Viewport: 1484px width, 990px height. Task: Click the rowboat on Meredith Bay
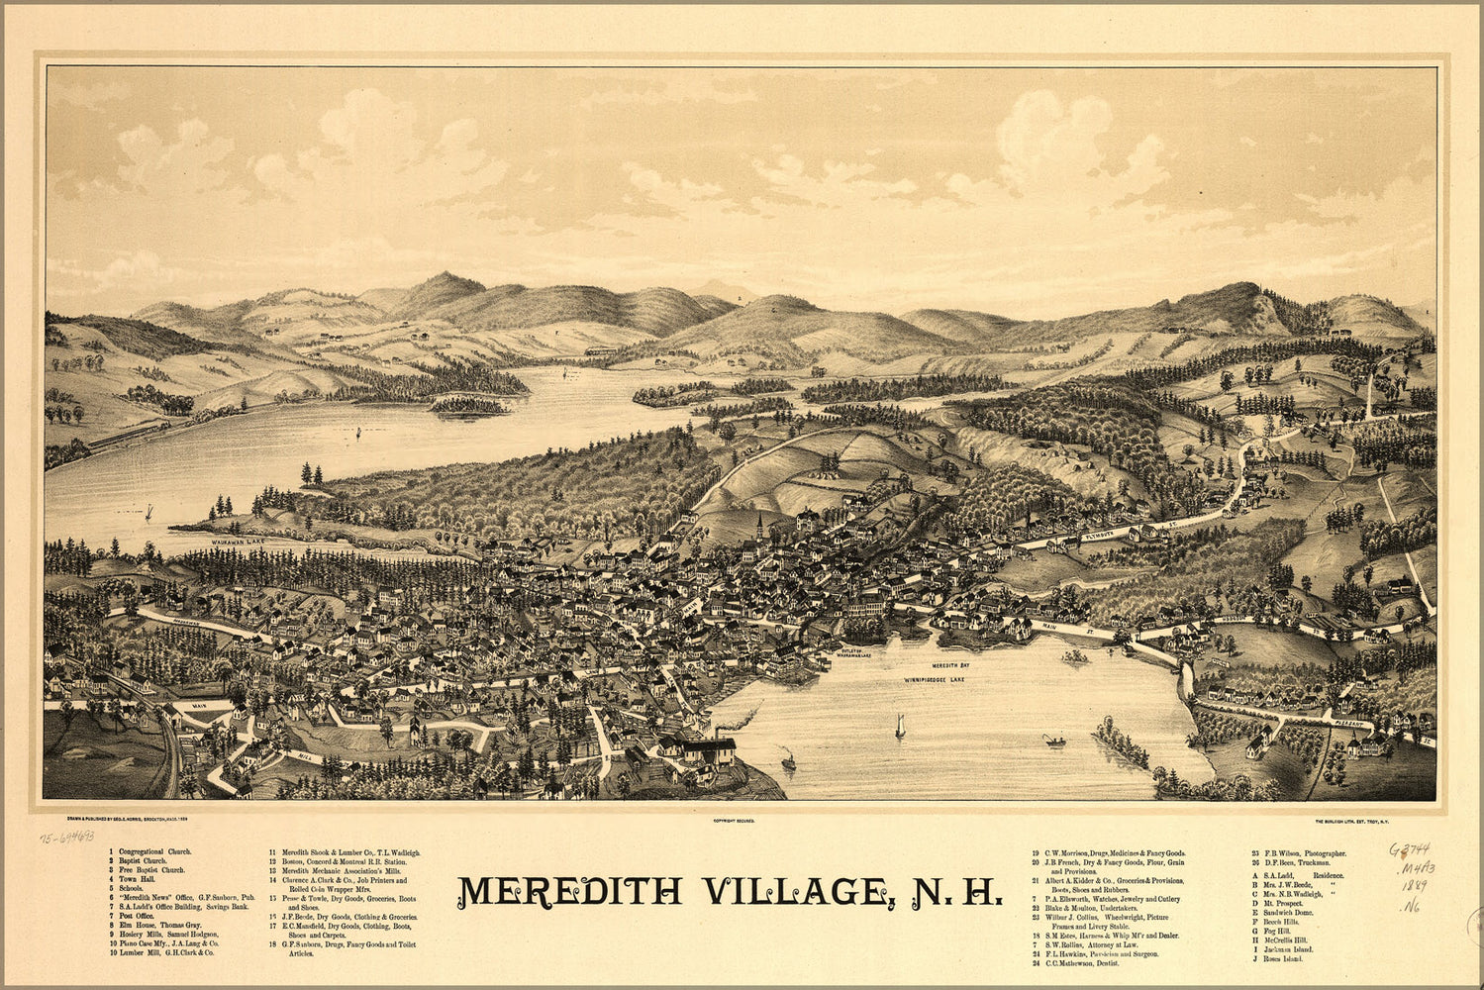click(1054, 741)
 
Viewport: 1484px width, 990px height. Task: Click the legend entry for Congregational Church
click(154, 851)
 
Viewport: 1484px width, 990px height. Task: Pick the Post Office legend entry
click(139, 916)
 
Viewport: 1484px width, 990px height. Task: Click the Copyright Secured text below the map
click(733, 821)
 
